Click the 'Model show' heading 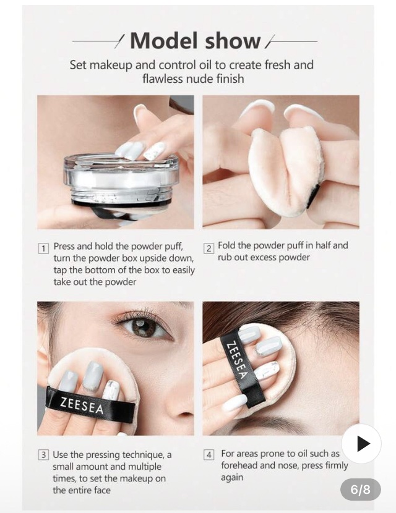pos(196,41)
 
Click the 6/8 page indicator pos(360,490)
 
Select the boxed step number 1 pos(43,248)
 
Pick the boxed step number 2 pos(209,248)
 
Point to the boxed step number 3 pos(43,455)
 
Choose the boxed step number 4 pos(209,455)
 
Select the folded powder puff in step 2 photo pos(285,170)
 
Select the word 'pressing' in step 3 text pos(103,455)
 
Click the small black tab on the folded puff pos(312,196)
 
